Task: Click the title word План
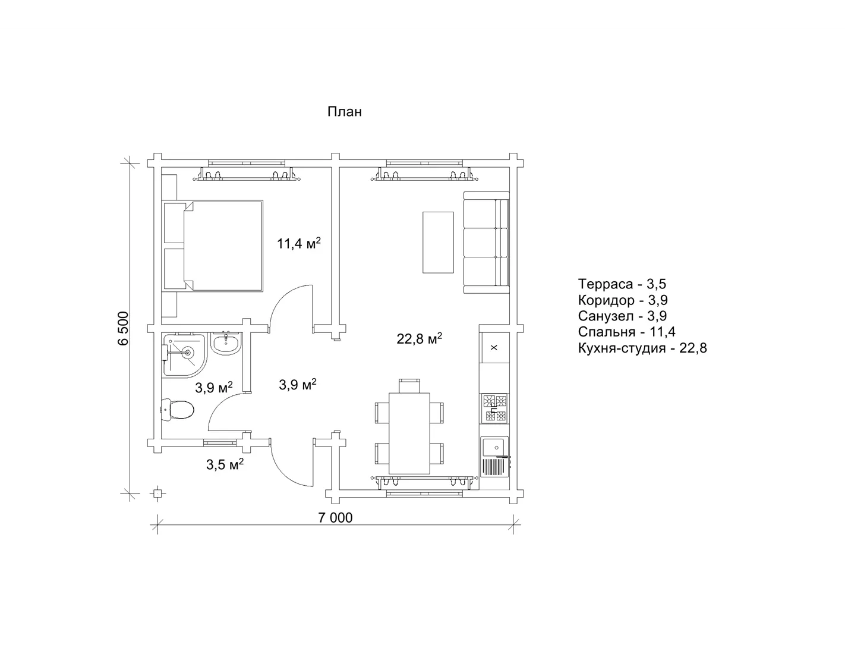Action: pos(345,112)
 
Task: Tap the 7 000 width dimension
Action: pos(335,517)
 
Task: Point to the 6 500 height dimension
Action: pos(123,328)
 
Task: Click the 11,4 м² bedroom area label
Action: pos(299,244)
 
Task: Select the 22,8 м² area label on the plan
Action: pos(419,338)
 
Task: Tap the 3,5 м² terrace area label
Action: pos(225,464)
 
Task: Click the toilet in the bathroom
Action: pos(177,409)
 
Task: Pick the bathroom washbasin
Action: pos(226,344)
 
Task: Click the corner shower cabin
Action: pos(184,355)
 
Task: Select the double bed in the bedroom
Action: pos(212,246)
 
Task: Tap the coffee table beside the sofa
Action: pos(439,243)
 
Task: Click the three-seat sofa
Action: pos(486,243)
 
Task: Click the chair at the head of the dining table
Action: pos(409,385)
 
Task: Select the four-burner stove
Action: pos(494,408)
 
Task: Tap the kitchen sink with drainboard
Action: pos(495,457)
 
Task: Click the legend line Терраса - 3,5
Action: pos(622,284)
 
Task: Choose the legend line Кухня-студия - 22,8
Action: pos(642,348)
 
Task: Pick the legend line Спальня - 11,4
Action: pos(627,332)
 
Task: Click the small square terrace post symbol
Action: pos(157,493)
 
